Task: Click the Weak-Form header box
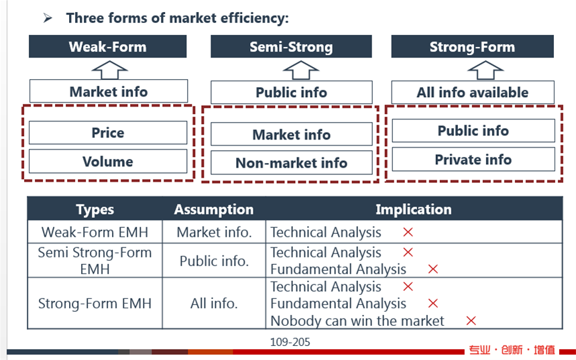[108, 46]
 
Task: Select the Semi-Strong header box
[291, 46]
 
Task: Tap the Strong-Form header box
[473, 46]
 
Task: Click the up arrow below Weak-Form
[109, 70]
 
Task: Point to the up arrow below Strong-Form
[485, 70]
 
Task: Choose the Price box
[108, 133]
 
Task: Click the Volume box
[108, 162]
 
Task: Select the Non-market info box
[291, 163]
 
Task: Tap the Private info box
[473, 160]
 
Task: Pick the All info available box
[473, 93]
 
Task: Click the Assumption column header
[214, 209]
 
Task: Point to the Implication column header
[414, 209]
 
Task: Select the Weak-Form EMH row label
[95, 232]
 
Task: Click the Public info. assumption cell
[214, 261]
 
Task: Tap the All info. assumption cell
[214, 304]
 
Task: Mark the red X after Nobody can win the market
[471, 320]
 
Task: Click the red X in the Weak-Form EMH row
[408, 232]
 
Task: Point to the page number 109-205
[290, 342]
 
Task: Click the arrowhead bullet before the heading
[48, 17]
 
